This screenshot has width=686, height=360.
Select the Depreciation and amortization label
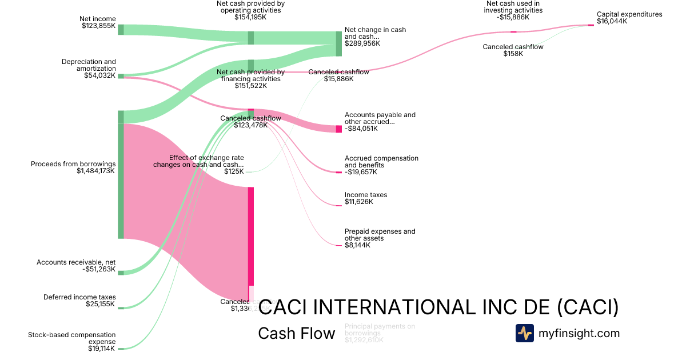89,68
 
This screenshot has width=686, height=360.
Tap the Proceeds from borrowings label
73,167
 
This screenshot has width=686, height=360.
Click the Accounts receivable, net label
76,266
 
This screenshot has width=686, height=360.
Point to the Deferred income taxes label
79,301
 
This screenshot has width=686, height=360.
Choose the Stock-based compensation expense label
71,341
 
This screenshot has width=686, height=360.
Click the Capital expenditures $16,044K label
629,18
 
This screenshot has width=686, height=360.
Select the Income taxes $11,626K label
365,198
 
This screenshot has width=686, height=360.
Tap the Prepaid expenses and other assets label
380,238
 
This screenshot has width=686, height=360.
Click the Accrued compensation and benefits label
381,165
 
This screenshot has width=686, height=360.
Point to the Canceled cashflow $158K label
513,50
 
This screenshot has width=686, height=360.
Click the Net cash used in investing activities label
513,10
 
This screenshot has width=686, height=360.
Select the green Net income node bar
121,30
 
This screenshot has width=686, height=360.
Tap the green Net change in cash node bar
338,43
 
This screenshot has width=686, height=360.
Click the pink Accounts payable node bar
338,129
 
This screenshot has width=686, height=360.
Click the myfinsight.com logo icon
524,333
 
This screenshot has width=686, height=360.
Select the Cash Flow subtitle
296,333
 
